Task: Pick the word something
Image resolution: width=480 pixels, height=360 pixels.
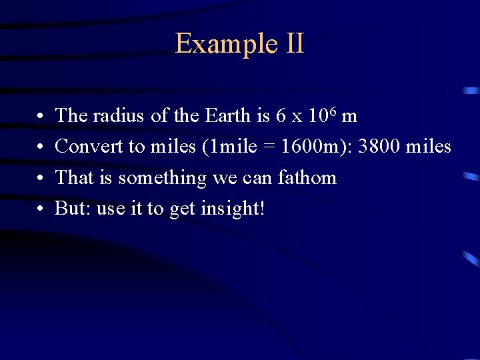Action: (x=163, y=178)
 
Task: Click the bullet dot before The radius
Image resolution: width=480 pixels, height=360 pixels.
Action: (x=41, y=117)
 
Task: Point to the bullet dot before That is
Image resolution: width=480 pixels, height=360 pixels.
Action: (x=41, y=179)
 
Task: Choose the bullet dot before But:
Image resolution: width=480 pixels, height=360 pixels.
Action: (x=41, y=209)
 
